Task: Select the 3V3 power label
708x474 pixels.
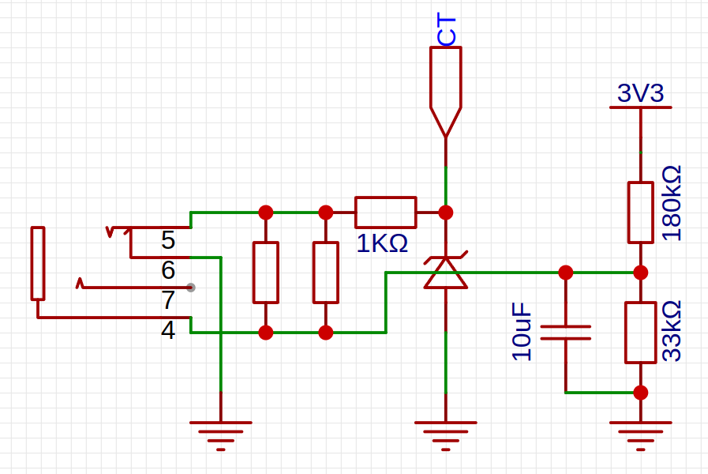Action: [640, 94]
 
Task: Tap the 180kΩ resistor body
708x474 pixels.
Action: [640, 212]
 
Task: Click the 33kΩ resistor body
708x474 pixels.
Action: [640, 332]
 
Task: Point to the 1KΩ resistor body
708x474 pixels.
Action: [385, 212]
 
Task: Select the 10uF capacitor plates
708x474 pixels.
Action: [566, 332]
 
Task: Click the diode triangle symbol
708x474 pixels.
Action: [446, 273]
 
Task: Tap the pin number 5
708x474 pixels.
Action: [168, 239]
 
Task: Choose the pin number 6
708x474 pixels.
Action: [168, 270]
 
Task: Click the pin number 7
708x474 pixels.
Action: [168, 300]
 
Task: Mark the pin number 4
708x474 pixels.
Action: [168, 330]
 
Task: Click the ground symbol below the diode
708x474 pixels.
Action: [446, 434]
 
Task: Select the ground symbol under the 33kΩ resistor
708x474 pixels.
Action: [640, 434]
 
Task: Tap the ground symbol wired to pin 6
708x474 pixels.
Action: [221, 434]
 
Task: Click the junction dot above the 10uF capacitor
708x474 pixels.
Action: [566, 273]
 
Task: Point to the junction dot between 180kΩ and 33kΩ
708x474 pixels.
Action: [640, 273]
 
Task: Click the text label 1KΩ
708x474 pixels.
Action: [382, 244]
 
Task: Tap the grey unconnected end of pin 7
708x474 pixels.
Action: [191, 287]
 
